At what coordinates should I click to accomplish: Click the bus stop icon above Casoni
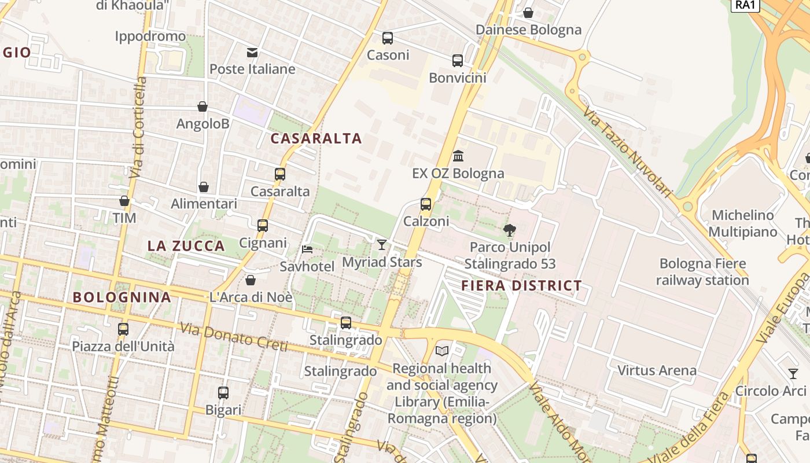388,38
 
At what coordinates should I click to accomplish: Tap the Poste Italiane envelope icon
252,53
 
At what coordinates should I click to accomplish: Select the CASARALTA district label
316,138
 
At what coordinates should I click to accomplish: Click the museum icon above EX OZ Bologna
459,156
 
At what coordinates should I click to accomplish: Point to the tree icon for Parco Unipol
509,230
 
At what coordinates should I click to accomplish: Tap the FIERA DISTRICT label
521,285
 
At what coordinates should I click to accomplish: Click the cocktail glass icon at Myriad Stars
381,245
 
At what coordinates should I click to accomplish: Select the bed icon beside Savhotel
307,249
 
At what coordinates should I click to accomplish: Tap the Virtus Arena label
657,370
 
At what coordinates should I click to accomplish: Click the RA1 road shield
745,5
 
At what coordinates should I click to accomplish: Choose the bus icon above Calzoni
426,204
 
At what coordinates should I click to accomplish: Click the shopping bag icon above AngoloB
203,106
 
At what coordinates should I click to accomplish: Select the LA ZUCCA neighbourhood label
186,246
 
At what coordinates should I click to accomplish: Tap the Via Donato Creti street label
233,337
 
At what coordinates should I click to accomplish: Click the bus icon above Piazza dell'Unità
123,329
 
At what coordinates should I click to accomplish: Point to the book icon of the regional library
442,351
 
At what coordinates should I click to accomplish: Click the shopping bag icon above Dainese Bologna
528,13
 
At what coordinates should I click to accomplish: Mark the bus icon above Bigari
223,393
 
